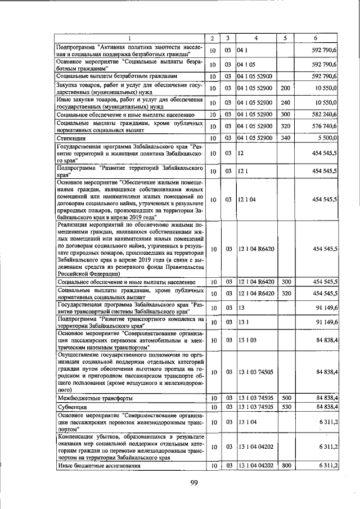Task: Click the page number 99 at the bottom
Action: tap(195, 483)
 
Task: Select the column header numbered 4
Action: tap(256, 38)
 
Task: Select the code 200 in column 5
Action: tap(285, 88)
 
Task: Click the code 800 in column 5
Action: tap(285, 466)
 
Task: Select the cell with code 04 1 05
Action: tap(246, 64)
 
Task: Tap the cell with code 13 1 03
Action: tap(247, 340)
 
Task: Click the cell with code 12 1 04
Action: tap(247, 199)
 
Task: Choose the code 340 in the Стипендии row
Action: tap(285, 138)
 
